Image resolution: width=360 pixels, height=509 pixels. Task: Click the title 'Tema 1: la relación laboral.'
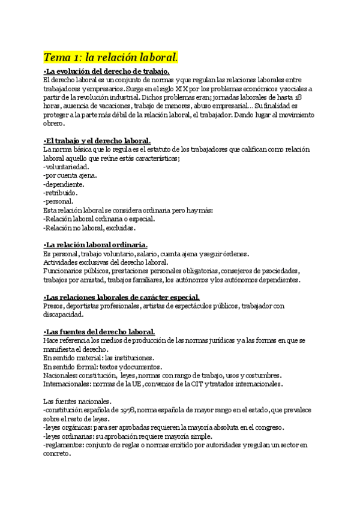(x=111, y=58)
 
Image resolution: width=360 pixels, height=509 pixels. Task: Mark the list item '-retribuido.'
(x=61, y=193)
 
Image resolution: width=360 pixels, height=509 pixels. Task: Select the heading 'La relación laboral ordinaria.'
(x=97, y=245)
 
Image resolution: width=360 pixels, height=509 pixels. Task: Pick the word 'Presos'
(x=53, y=306)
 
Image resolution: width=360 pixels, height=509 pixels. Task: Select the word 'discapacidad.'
(x=63, y=315)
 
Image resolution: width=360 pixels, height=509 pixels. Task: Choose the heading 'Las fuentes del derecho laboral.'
(x=100, y=332)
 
